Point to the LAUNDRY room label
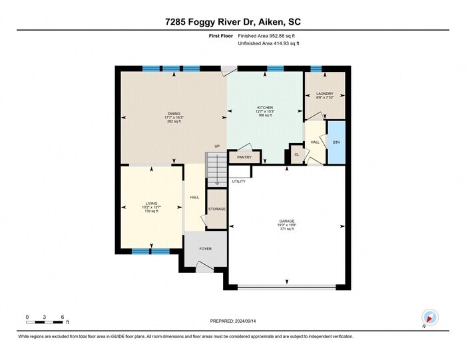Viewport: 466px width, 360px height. click(324, 94)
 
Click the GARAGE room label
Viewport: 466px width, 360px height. click(287, 221)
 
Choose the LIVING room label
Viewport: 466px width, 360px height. click(151, 204)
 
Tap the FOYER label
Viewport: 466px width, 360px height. click(206, 249)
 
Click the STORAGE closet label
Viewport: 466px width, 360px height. click(216, 209)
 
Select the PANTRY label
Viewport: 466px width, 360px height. click(244, 158)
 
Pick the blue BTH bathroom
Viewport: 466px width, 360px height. click(336, 142)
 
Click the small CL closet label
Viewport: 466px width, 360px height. click(297, 155)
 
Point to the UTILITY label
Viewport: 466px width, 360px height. click(239, 181)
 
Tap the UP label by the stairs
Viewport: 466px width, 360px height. click(217, 146)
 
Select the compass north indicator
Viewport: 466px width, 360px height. click(428, 318)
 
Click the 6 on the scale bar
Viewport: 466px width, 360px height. click(62, 316)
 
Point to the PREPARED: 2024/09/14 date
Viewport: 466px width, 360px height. click(233, 321)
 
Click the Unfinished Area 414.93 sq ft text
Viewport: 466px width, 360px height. click(269, 43)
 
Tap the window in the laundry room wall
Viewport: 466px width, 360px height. click(316, 69)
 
